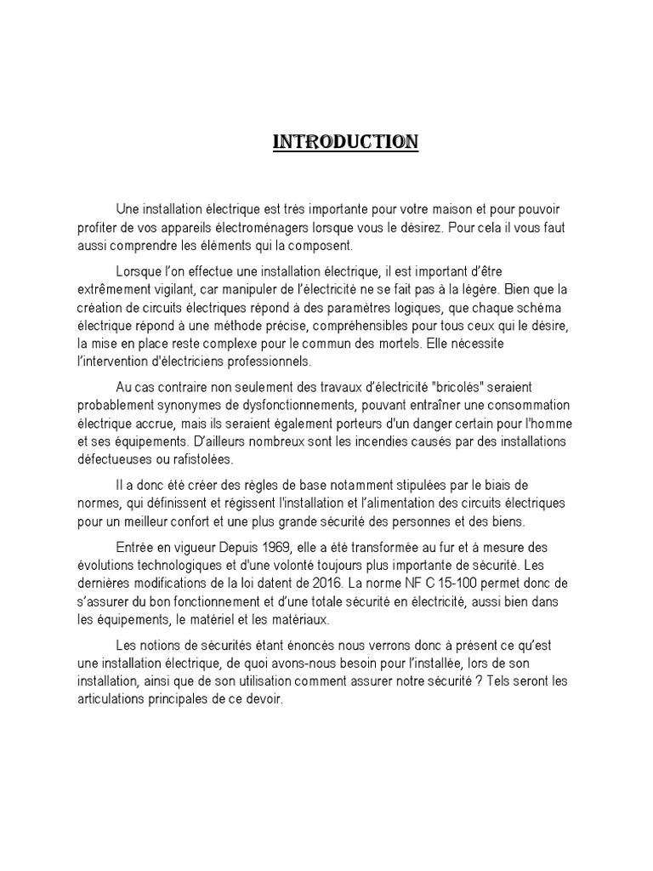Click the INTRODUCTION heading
point(344,142)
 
